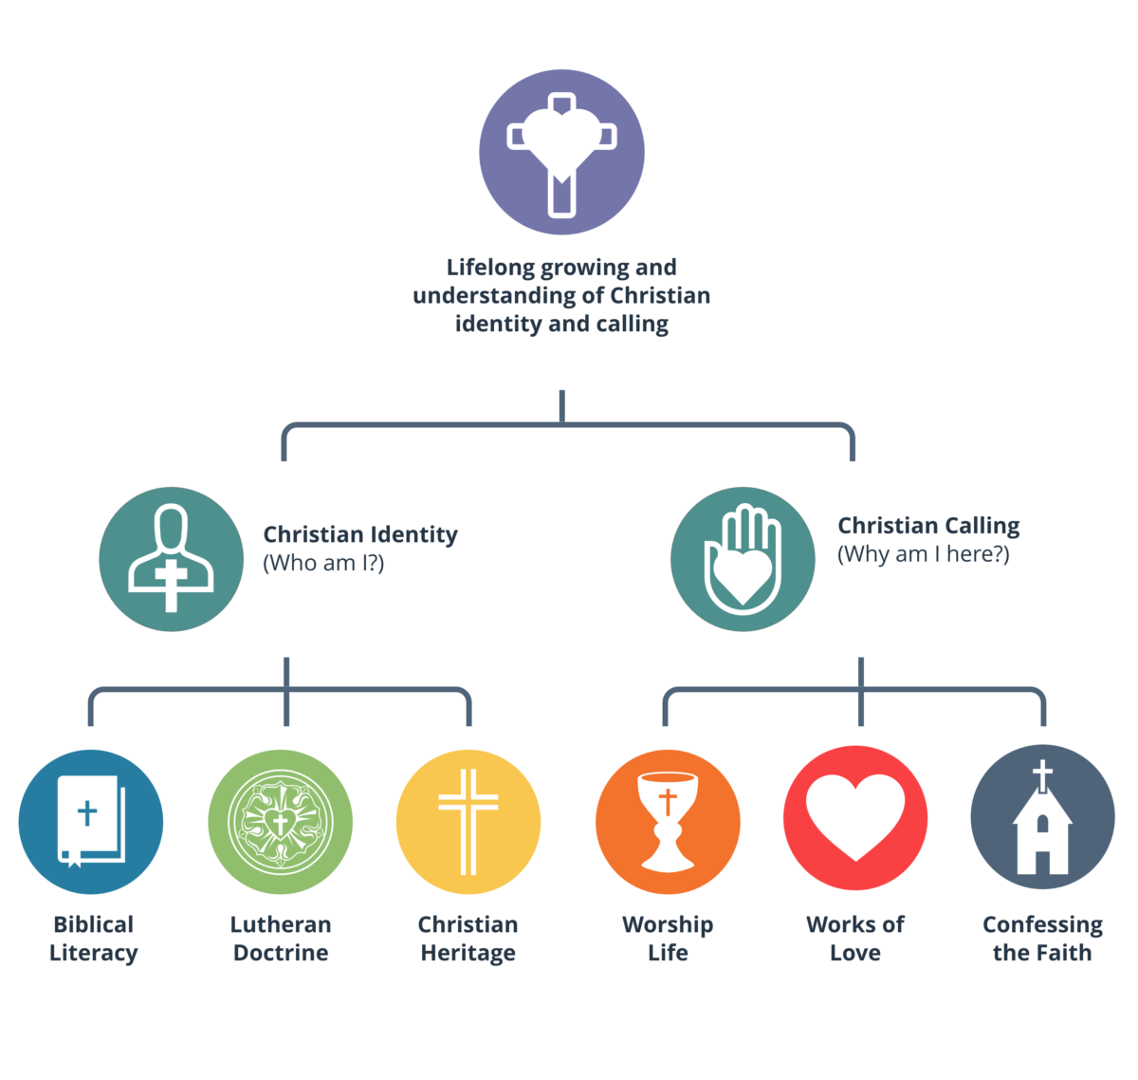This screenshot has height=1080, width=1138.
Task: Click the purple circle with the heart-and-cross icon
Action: [x=561, y=153]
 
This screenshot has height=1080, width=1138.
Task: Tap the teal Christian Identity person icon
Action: [x=172, y=559]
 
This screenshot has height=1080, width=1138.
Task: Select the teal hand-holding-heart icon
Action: [x=743, y=559]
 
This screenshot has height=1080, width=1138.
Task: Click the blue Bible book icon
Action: [x=91, y=822]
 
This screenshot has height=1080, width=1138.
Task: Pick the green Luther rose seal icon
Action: [x=280, y=822]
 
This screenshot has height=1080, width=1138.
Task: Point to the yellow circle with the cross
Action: [x=468, y=822]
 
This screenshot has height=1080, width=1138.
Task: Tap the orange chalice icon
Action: [x=668, y=822]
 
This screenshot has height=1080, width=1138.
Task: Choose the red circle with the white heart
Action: [x=855, y=817]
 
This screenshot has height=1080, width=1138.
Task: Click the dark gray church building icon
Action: [x=1042, y=817]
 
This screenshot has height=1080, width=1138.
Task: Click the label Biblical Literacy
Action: [x=93, y=939]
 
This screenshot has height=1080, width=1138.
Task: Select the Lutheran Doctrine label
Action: [x=281, y=939]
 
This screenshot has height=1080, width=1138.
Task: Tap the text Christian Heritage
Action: [x=468, y=939]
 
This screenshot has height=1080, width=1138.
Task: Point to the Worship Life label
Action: [x=668, y=939]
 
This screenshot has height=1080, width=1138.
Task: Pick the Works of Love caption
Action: [x=855, y=939]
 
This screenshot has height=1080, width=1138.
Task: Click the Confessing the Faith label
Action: [x=1042, y=939]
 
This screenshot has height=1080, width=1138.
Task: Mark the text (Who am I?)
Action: [x=323, y=563]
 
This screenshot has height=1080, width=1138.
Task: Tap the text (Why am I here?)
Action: [x=924, y=554]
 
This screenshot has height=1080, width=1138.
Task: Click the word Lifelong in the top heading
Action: [x=491, y=267]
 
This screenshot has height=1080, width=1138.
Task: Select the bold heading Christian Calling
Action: [x=928, y=526]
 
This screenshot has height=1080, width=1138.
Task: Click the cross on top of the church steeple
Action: [x=1042, y=774]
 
